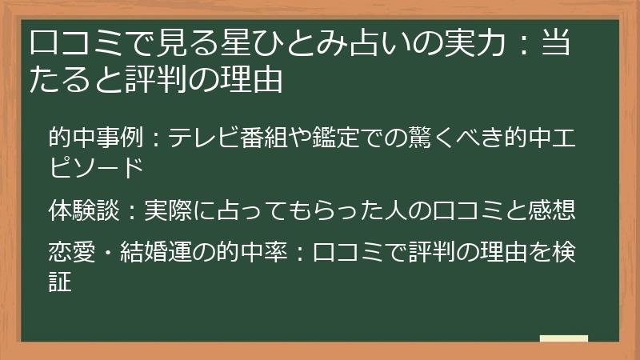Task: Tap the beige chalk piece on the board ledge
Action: coord(563,338)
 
